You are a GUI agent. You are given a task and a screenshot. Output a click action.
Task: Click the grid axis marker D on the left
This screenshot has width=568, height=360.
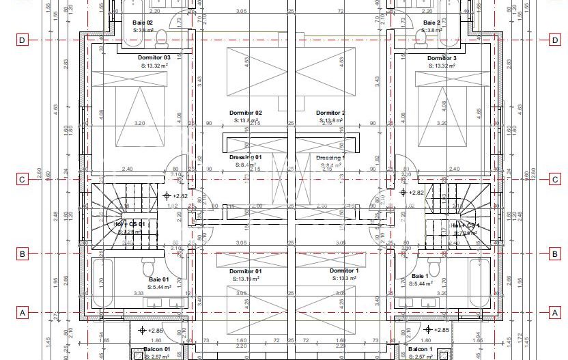pyautogui.click(x=22, y=40)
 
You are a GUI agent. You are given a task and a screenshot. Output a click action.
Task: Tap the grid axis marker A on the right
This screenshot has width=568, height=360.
pyautogui.click(x=554, y=313)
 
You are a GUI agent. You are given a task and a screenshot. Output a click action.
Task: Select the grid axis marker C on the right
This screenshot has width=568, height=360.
pyautogui.click(x=554, y=180)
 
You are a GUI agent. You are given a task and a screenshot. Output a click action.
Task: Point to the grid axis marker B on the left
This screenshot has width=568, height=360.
pyautogui.click(x=22, y=254)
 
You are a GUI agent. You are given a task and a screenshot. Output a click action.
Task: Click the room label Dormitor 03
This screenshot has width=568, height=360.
pyautogui.click(x=154, y=57)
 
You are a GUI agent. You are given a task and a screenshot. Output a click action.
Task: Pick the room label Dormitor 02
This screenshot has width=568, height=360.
pyautogui.click(x=245, y=113)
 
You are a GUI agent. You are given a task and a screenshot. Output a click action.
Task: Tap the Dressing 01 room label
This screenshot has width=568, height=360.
pyautogui.click(x=245, y=157)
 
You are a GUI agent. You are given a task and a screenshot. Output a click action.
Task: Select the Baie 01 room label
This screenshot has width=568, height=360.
pyautogui.click(x=158, y=279)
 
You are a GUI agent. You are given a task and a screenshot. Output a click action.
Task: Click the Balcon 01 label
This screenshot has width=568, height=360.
pyautogui.click(x=156, y=349)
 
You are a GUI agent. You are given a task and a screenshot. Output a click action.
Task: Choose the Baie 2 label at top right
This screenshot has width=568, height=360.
pyautogui.click(x=431, y=23)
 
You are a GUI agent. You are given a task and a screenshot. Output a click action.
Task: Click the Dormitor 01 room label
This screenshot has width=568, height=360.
pyautogui.click(x=245, y=271)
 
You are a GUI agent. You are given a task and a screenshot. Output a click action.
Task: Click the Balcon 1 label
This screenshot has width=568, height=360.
pyautogui.click(x=421, y=349)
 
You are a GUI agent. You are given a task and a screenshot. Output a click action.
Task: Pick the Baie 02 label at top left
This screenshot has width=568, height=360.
pyautogui.click(x=143, y=23)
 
